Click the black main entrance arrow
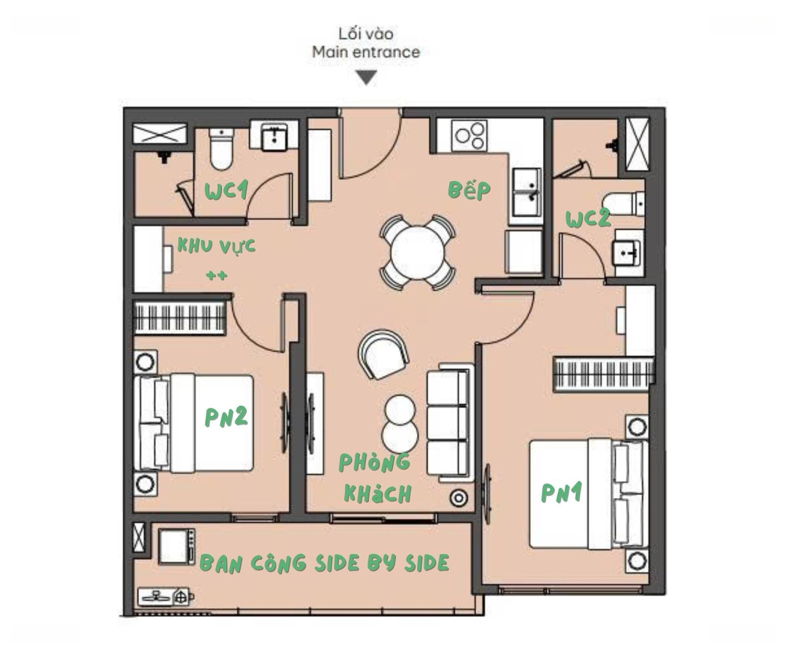click(x=366, y=78)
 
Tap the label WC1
click(x=226, y=190)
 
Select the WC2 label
click(x=587, y=219)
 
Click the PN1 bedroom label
click(x=561, y=493)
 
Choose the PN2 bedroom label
click(x=226, y=417)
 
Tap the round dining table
click(x=417, y=252)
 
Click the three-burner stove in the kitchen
click(x=469, y=135)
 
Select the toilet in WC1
click(x=221, y=149)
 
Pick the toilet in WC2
click(x=623, y=204)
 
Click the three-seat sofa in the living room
click(x=450, y=422)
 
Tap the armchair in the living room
click(x=384, y=353)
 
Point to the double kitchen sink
click(x=526, y=192)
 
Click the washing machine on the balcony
click(x=176, y=546)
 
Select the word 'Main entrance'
click(x=366, y=52)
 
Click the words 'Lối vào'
click(x=366, y=33)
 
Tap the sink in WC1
click(x=274, y=136)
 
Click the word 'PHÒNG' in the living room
click(x=375, y=463)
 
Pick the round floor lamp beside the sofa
click(x=458, y=498)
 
